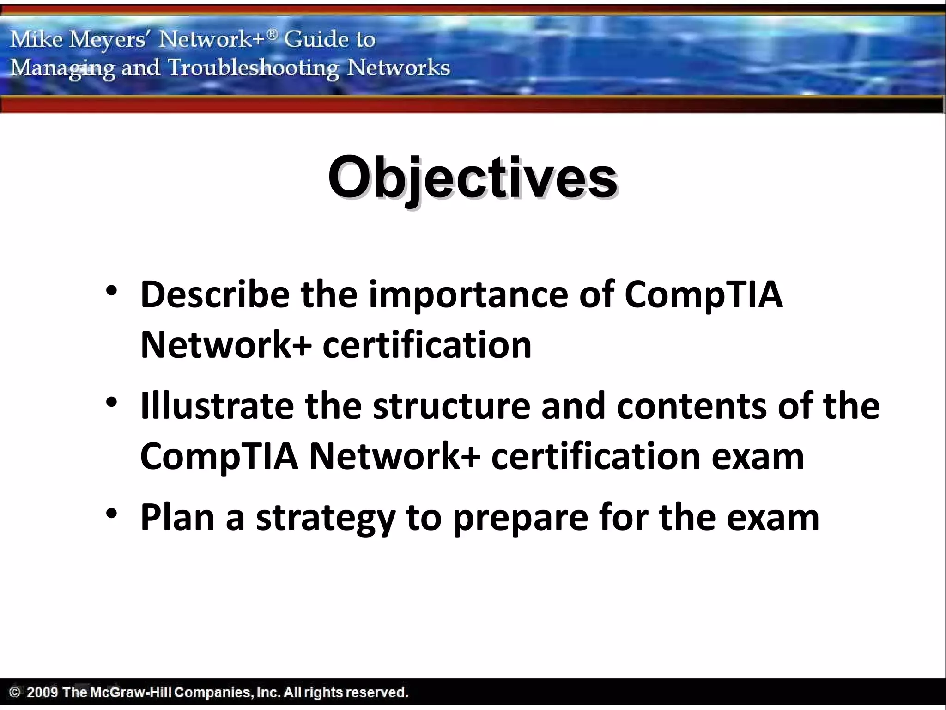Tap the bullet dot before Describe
111,291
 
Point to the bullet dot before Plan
111,513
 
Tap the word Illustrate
217,405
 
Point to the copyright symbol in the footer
15,692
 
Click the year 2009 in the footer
42,692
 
